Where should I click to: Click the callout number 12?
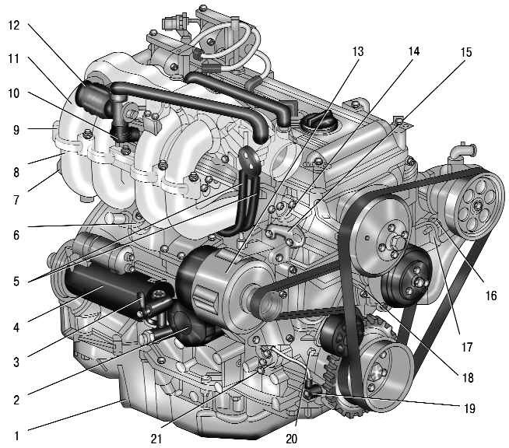tap(14, 25)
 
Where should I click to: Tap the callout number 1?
tap(16, 436)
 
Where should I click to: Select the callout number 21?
tap(156, 439)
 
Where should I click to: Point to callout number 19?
tap(469, 408)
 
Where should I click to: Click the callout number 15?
tap(466, 52)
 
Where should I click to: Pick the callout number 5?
tap(16, 281)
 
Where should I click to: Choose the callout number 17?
tap(467, 347)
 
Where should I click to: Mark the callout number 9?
tap(16, 130)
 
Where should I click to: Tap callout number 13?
tap(358, 51)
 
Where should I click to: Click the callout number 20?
tap(292, 439)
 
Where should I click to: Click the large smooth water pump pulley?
tap(381, 234)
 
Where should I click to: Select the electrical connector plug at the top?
tap(171, 23)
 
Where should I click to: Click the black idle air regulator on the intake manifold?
tap(92, 99)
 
